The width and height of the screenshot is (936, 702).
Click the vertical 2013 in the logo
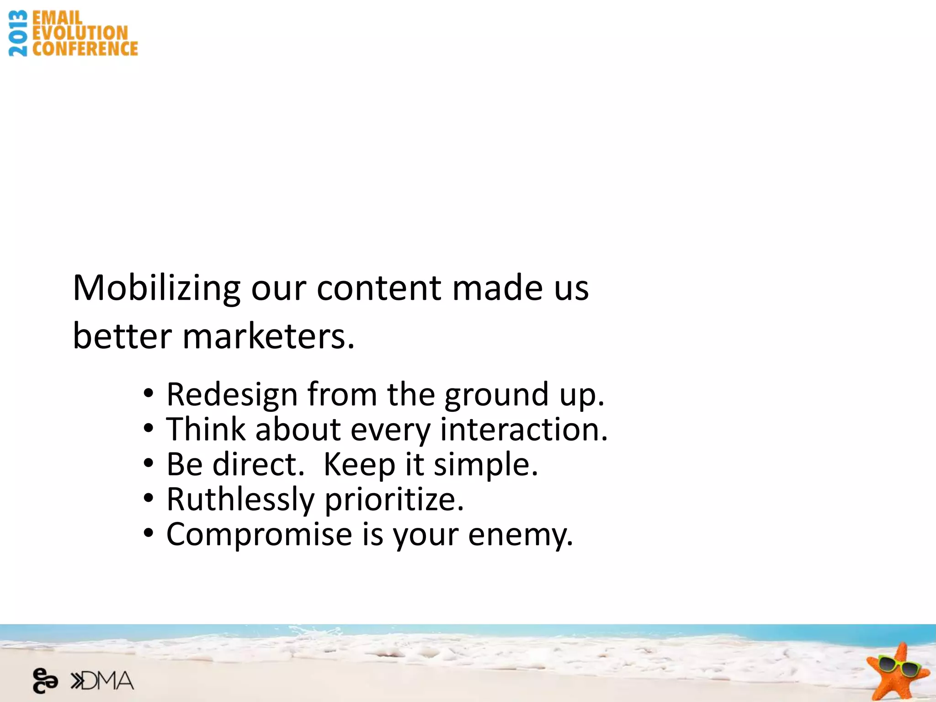(x=18, y=33)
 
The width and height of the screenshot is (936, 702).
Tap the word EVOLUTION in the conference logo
(x=80, y=33)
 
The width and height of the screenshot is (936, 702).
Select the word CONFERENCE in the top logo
(x=85, y=49)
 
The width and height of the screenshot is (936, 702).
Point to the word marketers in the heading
(x=268, y=336)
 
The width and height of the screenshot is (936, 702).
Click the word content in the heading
(x=379, y=288)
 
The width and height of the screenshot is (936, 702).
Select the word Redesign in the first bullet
(x=232, y=394)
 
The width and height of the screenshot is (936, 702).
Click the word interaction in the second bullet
(x=524, y=430)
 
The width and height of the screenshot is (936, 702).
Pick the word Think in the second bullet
(x=206, y=430)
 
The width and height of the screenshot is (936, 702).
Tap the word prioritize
(x=394, y=500)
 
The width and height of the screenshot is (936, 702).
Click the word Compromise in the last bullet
(x=259, y=534)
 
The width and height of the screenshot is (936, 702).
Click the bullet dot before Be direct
(x=148, y=463)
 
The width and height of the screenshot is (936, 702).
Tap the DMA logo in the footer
(x=102, y=681)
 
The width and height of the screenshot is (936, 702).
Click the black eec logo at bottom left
(x=45, y=681)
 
